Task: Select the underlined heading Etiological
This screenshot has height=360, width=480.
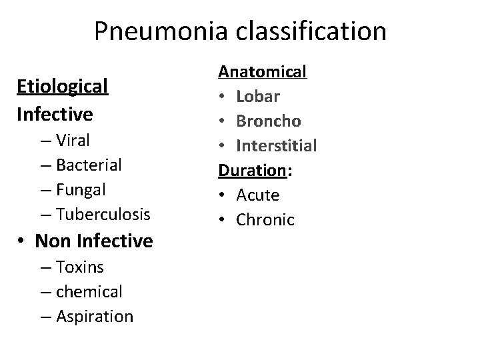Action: tap(62, 86)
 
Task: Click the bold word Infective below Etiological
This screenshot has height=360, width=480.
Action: tap(55, 114)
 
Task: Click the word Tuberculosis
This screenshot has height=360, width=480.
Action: tap(103, 214)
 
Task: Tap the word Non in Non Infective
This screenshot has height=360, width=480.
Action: tap(51, 241)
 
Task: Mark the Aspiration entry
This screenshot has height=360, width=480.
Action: tap(95, 316)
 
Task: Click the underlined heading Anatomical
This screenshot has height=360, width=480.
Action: tap(263, 71)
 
